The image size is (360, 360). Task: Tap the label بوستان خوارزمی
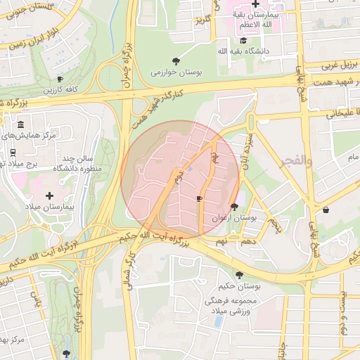coord(174,71)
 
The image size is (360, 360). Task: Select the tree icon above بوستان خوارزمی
coord(175,60)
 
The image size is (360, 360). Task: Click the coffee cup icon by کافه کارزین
coord(60,79)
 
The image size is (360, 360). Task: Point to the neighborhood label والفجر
coord(296,161)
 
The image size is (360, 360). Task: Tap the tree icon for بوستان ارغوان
coord(234,207)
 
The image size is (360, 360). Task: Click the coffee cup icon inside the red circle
coord(199,199)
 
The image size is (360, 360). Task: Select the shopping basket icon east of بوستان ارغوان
coord(326,210)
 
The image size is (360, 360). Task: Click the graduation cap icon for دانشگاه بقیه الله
coord(243,40)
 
